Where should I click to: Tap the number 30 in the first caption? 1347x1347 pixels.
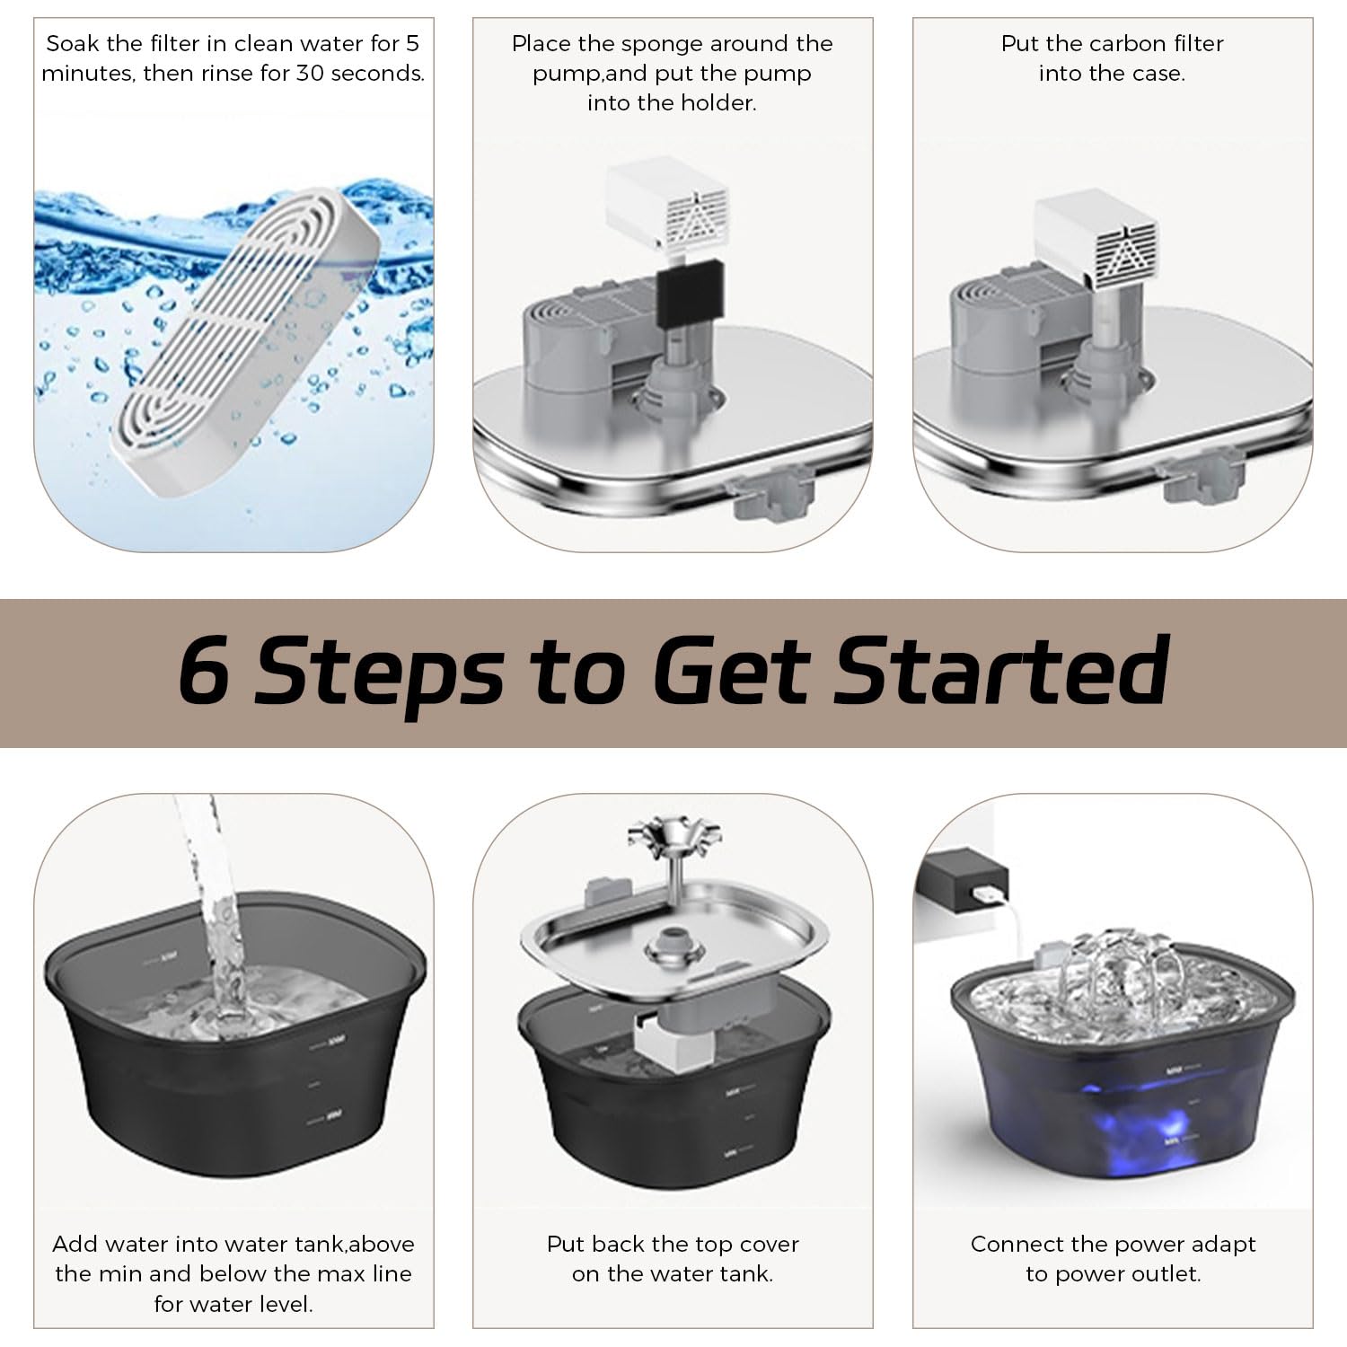(x=310, y=74)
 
